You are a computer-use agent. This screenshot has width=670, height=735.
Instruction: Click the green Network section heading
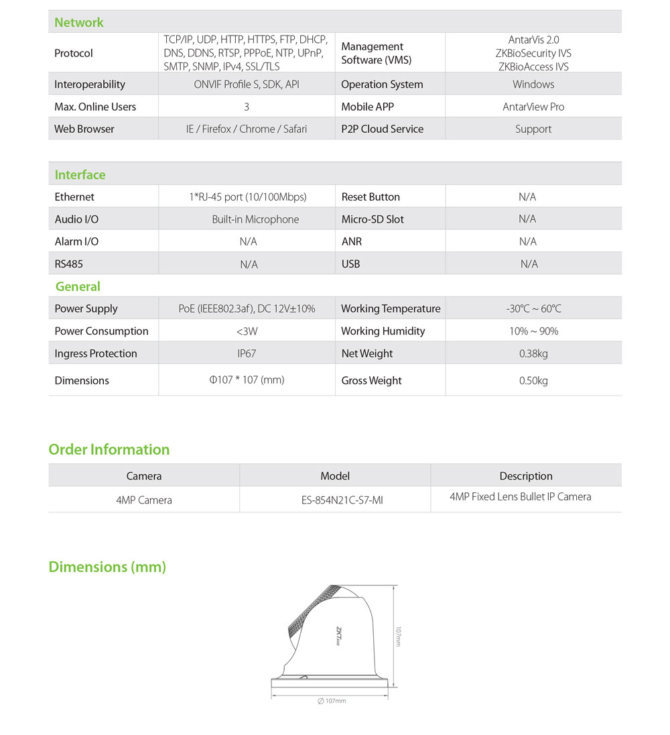click(x=79, y=23)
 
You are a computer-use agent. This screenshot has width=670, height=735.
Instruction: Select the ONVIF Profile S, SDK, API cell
click(x=246, y=84)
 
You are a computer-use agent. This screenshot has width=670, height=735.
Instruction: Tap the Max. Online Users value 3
click(x=247, y=107)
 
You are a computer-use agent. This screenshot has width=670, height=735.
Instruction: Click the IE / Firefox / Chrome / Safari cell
click(x=246, y=129)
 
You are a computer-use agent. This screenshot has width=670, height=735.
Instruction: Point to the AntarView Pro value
click(x=533, y=107)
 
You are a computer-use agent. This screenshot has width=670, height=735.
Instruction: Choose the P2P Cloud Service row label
click(x=382, y=129)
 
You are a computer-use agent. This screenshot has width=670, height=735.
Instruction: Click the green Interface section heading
click(x=80, y=175)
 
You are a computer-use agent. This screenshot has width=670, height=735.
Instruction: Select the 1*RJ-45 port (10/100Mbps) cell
click(x=247, y=197)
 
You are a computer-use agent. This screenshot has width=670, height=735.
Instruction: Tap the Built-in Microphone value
click(x=255, y=219)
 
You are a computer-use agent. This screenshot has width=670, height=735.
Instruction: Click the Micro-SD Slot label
click(x=373, y=219)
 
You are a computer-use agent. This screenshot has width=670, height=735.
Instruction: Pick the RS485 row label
click(x=69, y=264)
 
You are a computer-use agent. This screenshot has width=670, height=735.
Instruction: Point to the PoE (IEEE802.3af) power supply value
click(x=247, y=309)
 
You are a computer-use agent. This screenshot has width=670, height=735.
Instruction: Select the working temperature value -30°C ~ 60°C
click(x=533, y=309)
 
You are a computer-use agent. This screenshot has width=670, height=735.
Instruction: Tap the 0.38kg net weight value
click(x=533, y=353)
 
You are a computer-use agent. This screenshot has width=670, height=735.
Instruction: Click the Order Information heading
click(x=109, y=449)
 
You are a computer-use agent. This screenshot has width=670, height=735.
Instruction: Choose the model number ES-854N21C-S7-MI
click(x=335, y=500)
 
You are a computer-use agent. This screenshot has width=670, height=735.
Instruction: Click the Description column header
click(x=526, y=476)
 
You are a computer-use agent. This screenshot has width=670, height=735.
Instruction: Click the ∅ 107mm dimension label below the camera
click(x=332, y=701)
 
